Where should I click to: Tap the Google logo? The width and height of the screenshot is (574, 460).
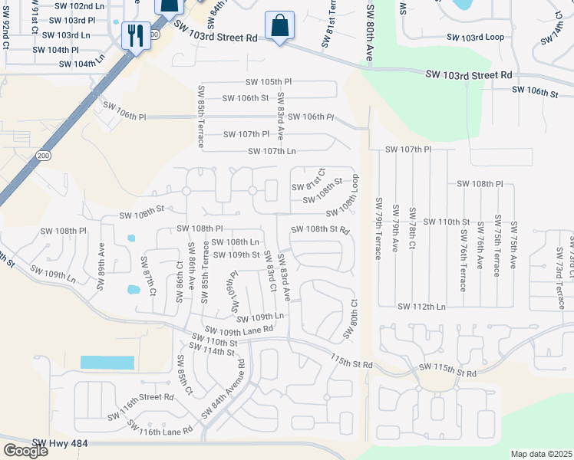coord(25,451)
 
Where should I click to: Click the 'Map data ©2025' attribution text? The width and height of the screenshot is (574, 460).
coord(540,454)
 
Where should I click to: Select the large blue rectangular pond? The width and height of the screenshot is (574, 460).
coord(107,363)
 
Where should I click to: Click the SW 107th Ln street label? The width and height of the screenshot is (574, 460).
coord(272,151)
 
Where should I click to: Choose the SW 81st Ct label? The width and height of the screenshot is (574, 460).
coord(308,181)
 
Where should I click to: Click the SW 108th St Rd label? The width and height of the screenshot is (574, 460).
coord(321,229)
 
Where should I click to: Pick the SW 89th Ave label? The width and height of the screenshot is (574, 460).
coord(101,255)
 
